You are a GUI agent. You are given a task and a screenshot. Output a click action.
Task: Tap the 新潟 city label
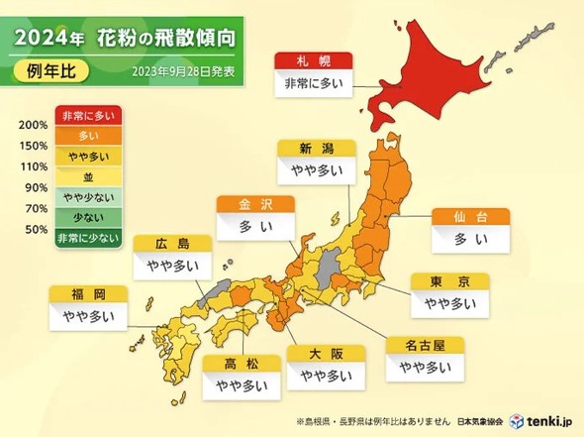[x=315, y=149]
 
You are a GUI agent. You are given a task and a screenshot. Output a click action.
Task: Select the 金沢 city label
[x=255, y=205]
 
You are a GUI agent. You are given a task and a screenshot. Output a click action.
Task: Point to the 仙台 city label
[x=470, y=216]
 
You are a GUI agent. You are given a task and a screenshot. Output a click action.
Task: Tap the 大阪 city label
[x=323, y=354]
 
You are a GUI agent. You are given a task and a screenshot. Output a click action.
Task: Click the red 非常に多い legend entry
[x=88, y=116]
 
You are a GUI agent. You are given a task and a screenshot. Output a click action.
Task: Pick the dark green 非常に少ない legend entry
[x=88, y=237]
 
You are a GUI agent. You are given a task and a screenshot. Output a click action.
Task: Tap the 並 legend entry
[x=88, y=176]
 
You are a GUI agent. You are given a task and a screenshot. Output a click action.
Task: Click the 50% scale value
[x=36, y=229]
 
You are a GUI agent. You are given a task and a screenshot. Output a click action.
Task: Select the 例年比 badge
[x=48, y=72]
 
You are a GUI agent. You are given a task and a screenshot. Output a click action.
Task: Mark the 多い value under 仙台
[x=470, y=239]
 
